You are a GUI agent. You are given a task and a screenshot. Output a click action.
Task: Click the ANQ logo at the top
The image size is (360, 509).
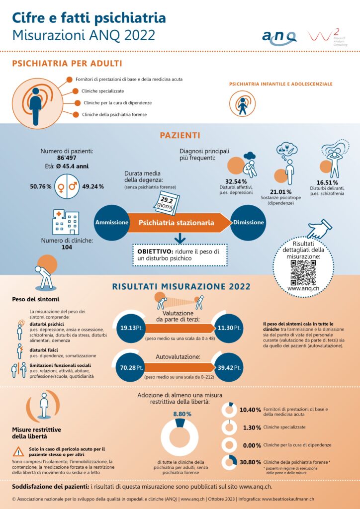[x=279, y=36]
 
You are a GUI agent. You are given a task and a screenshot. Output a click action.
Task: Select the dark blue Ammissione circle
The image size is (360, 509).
[x=112, y=222]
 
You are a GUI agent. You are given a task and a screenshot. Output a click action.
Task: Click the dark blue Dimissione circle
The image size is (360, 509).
[x=249, y=222]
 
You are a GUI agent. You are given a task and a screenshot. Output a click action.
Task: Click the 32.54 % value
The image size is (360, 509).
[x=236, y=181]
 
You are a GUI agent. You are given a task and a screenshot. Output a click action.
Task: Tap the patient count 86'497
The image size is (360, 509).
[x=60, y=158]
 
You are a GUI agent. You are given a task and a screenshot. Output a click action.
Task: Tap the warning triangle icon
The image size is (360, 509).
[x=18, y=452]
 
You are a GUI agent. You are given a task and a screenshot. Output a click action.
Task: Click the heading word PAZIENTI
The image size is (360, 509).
[x=180, y=135]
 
